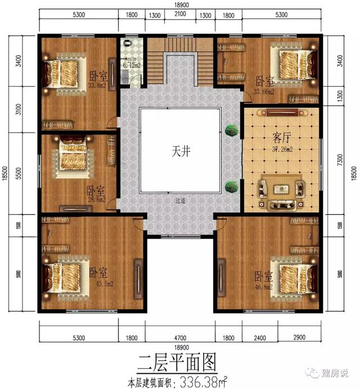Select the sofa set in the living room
click(280, 194)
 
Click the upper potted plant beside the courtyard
click(230, 130)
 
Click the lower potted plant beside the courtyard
click(230, 187)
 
